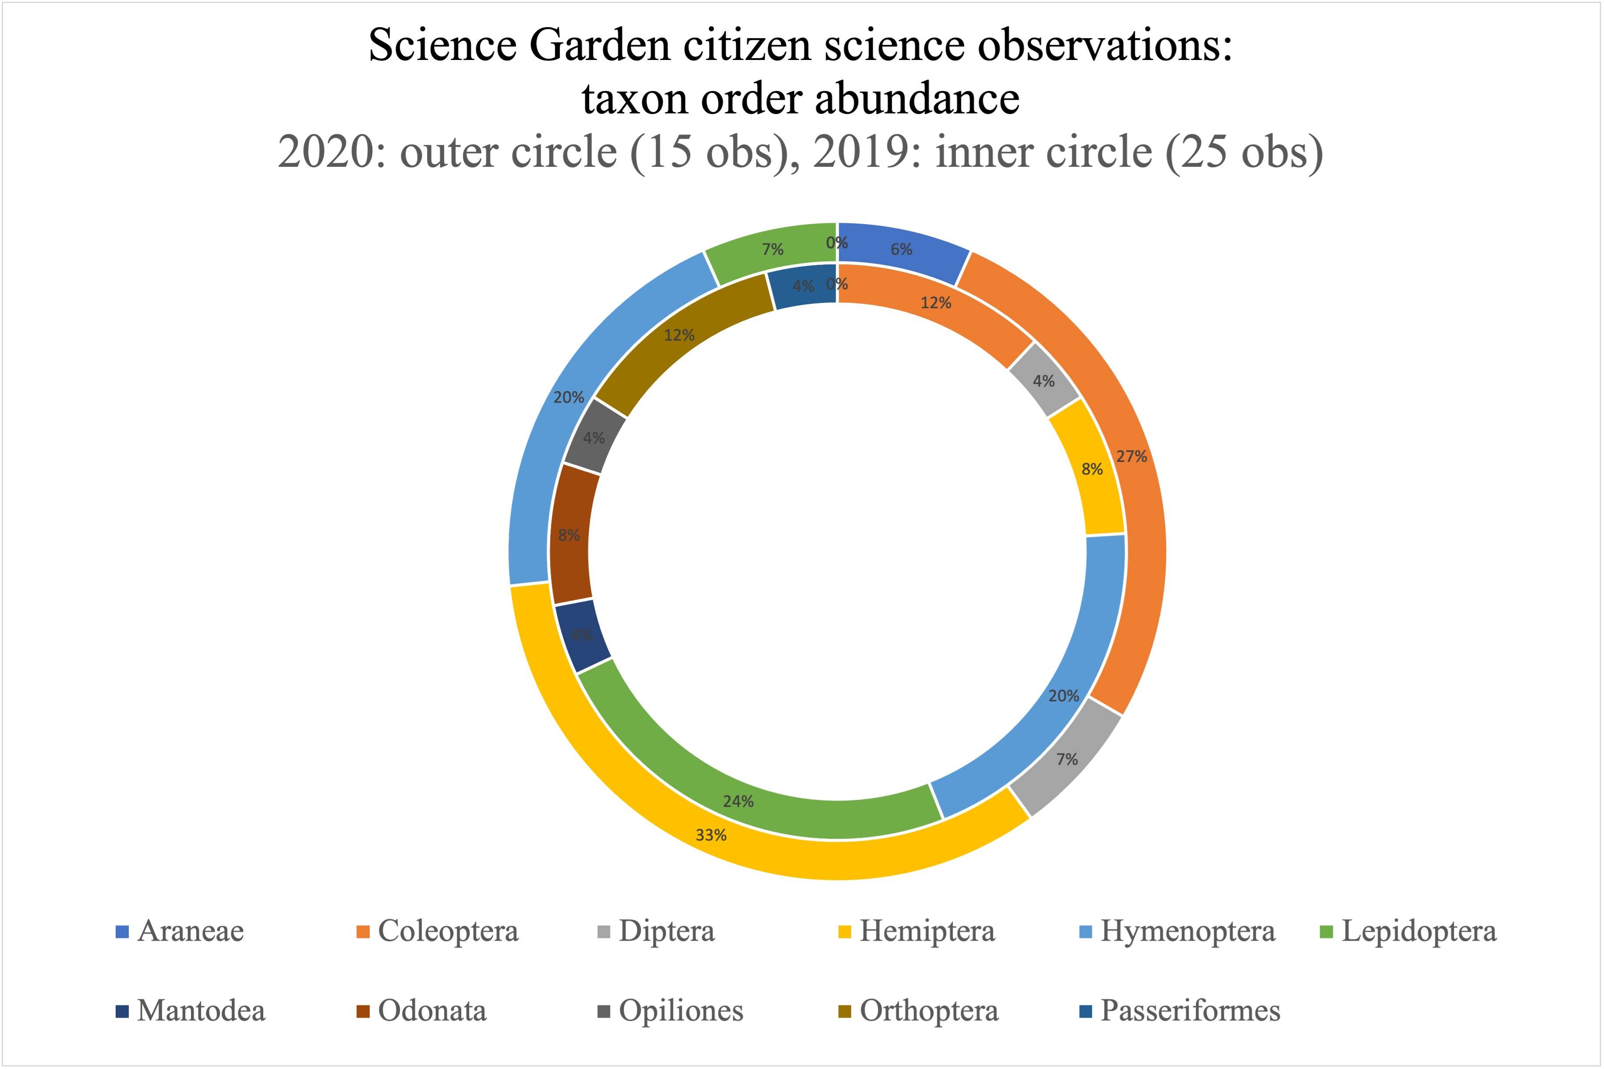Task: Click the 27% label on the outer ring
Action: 1131,457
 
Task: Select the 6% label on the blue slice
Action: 901,250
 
